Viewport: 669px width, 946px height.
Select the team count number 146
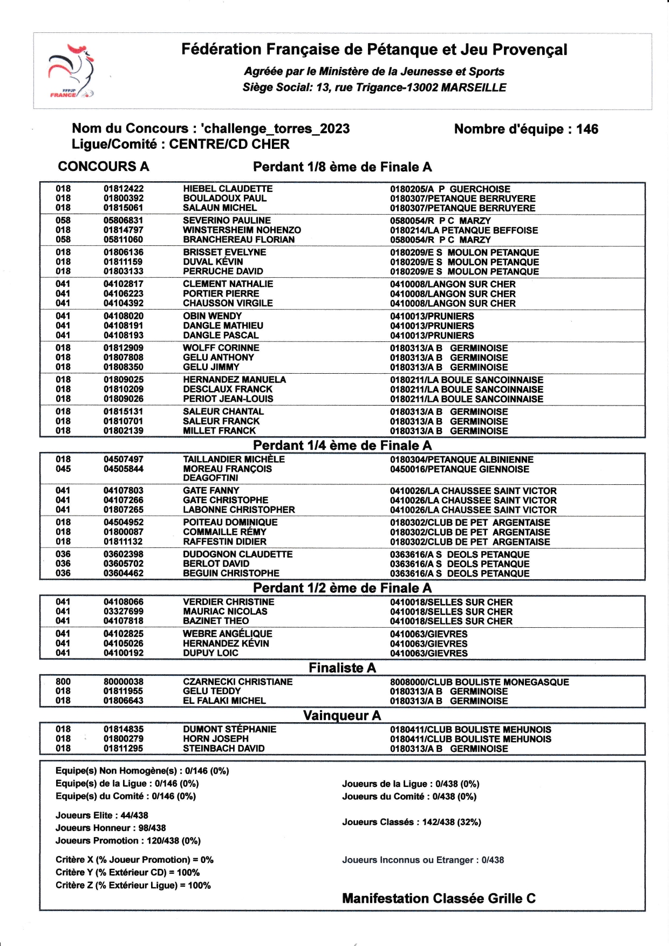coord(587,129)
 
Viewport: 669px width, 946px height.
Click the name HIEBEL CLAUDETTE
coord(228,189)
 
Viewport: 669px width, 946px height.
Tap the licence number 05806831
coord(124,221)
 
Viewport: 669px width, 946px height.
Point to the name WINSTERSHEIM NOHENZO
coord(242,230)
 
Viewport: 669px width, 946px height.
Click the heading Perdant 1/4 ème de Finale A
coord(342,445)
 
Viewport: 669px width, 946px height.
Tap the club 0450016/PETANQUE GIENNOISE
coord(460,469)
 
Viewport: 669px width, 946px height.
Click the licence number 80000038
coord(124,682)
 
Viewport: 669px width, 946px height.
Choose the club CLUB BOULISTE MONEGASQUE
coord(479,682)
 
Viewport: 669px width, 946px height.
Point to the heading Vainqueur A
coord(342,716)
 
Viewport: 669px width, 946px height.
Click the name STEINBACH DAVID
coord(224,749)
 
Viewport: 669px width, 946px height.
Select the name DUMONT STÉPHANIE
coord(229,729)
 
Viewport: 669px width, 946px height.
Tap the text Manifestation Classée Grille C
coord(439,899)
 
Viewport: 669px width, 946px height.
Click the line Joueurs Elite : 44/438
coord(101,815)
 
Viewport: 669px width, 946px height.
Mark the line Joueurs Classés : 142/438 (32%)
coord(411,822)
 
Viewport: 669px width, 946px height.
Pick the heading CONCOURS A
coord(103,167)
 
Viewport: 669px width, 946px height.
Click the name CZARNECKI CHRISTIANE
coord(237,682)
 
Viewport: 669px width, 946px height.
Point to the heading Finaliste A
coord(342,668)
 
